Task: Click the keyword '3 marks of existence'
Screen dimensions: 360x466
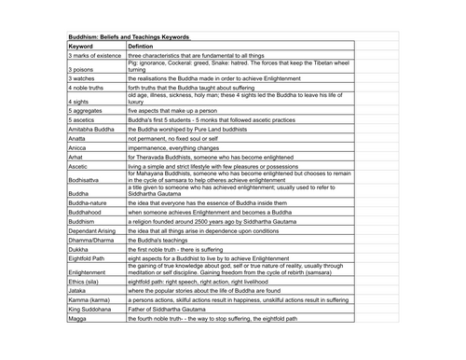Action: coord(95,56)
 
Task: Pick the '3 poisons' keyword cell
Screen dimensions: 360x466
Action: coord(83,69)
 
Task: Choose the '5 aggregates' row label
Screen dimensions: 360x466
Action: coord(87,110)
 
